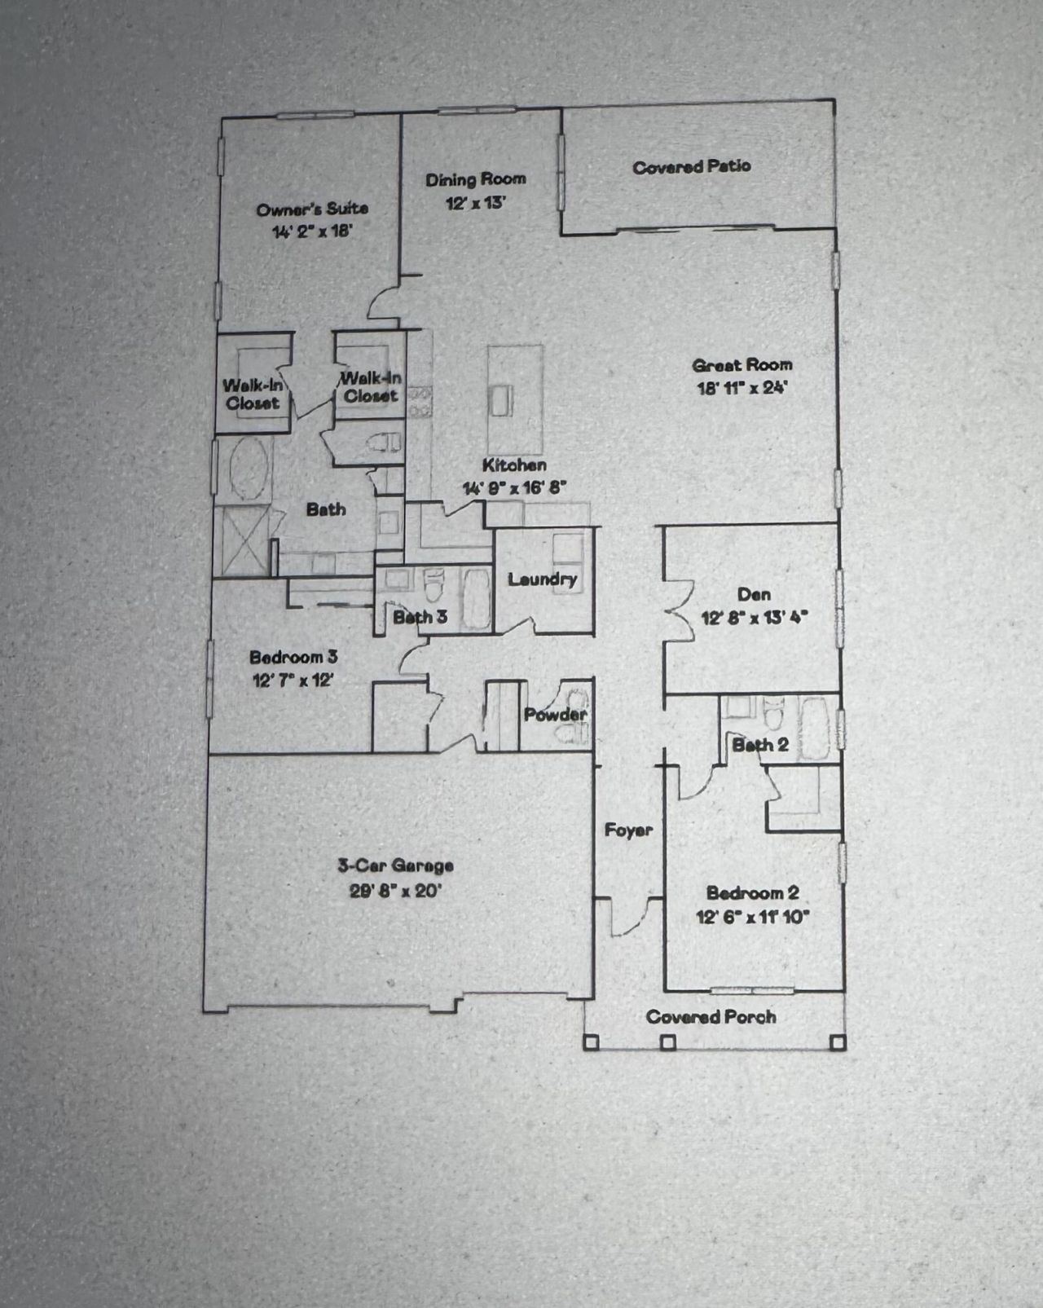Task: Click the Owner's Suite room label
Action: (x=312, y=209)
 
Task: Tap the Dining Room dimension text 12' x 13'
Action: (x=475, y=203)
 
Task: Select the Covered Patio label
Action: (x=691, y=167)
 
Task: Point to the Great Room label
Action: (x=742, y=365)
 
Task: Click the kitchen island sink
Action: (x=500, y=400)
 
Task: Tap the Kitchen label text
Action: (x=514, y=465)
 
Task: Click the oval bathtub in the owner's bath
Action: (x=249, y=469)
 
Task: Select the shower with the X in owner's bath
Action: (x=242, y=540)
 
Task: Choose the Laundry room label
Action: (x=542, y=579)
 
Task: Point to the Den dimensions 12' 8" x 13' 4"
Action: (x=754, y=618)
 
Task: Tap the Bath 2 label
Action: (x=759, y=745)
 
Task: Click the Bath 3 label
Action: (x=420, y=617)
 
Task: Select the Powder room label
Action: (x=555, y=715)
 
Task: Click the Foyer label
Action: (x=628, y=830)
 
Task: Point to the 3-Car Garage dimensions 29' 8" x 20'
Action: (x=395, y=891)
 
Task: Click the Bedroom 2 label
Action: (x=752, y=893)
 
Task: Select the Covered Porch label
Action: (x=711, y=1017)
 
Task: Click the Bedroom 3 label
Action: (x=293, y=657)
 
